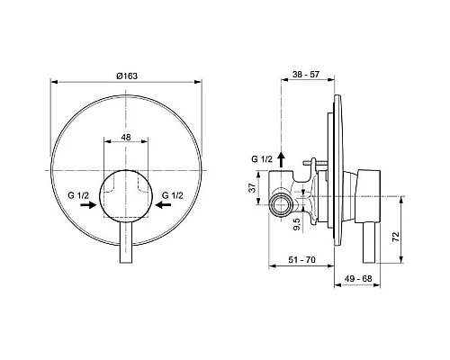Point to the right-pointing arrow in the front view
(x=88, y=206)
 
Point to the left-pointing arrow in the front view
(x=165, y=206)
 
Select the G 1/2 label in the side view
(x=263, y=158)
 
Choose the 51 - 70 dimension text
(x=302, y=261)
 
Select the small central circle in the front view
(x=127, y=196)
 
